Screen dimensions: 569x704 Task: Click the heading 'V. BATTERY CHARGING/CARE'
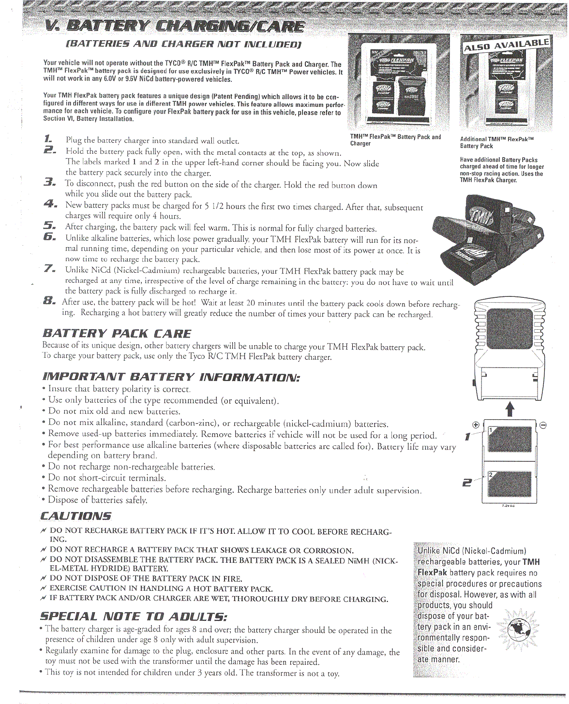coord(174,27)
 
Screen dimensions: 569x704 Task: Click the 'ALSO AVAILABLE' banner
coord(506,44)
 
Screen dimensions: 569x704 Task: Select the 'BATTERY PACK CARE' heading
coord(117,334)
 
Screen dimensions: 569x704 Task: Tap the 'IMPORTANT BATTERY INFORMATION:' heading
coord(171,377)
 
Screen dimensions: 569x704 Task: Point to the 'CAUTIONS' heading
coord(76,516)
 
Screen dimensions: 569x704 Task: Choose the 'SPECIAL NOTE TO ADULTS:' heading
coord(134,616)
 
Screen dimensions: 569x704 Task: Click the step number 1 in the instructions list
coord(48,139)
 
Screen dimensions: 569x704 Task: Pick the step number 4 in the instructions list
coord(49,204)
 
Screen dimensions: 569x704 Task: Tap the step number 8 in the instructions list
coord(49,301)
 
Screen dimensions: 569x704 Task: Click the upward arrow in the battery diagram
coord(509,409)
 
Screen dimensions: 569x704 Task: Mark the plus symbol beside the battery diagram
coord(476,425)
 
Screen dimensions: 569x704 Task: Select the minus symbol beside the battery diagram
coord(543,425)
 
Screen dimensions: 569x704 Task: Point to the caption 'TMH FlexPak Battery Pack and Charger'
coord(395,140)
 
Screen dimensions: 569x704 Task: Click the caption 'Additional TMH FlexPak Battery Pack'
coord(496,143)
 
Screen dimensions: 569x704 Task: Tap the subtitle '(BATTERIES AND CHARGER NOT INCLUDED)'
coord(183,44)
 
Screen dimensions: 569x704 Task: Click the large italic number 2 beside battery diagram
coord(467,482)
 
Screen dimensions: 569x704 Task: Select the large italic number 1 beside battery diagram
coord(467,437)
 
